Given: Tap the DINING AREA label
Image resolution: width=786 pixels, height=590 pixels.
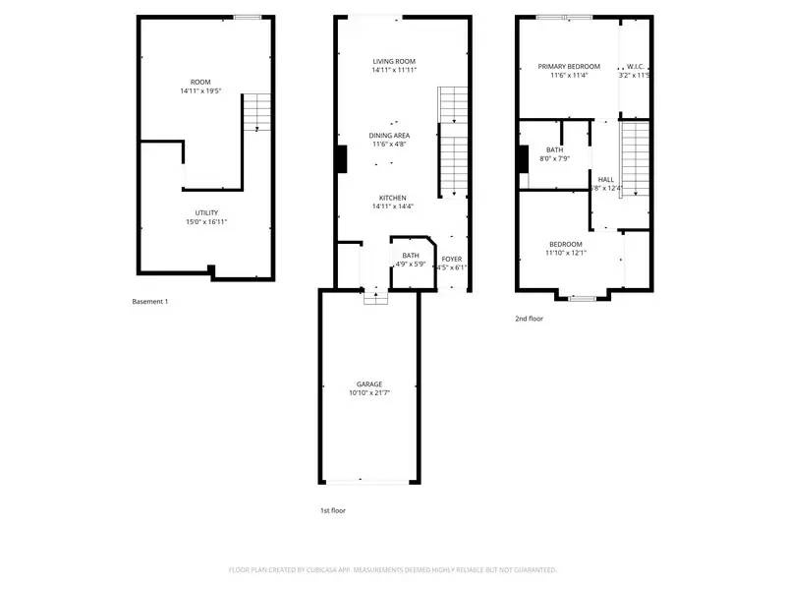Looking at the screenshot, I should pyautogui.click(x=389, y=135).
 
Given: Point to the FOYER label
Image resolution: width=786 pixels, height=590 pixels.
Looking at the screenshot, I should pyautogui.click(x=451, y=259).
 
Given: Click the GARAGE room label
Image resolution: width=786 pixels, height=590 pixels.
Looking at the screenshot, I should pyautogui.click(x=369, y=383).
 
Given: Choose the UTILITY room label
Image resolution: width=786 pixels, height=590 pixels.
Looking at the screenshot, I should pyautogui.click(x=206, y=212).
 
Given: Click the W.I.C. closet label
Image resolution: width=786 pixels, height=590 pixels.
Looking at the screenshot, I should pyautogui.click(x=635, y=66).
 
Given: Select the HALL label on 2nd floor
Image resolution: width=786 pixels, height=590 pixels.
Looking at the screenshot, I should pyautogui.click(x=605, y=179).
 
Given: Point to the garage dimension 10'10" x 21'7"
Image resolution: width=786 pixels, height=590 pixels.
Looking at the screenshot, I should pyautogui.click(x=369, y=393).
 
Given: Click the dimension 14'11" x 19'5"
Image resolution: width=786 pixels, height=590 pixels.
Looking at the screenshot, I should pyautogui.click(x=200, y=90).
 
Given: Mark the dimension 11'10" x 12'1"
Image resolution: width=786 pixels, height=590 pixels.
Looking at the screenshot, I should pyautogui.click(x=566, y=253).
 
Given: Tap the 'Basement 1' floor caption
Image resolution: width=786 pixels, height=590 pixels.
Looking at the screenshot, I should pyautogui.click(x=150, y=301).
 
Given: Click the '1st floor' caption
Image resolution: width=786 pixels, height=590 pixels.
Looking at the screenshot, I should pyautogui.click(x=332, y=510).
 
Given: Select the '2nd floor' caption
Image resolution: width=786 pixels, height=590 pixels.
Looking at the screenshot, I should pyautogui.click(x=529, y=319).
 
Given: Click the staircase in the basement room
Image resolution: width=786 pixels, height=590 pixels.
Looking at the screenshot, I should pyautogui.click(x=255, y=110).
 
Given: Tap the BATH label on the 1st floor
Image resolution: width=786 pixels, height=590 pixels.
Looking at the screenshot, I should pyautogui.click(x=410, y=256).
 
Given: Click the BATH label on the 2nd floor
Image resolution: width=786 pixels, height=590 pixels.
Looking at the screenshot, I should pyautogui.click(x=554, y=149).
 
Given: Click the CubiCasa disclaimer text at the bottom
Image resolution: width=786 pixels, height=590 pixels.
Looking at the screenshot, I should pyautogui.click(x=393, y=569).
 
